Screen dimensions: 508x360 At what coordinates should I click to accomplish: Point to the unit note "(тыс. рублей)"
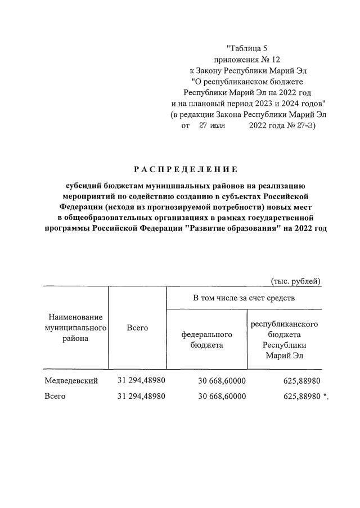coord(295,281)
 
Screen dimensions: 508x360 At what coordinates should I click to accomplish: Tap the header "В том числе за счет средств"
coord(244,297)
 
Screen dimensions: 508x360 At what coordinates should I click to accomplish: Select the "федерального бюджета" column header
coord(206,339)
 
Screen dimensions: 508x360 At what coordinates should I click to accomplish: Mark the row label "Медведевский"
coord(71,380)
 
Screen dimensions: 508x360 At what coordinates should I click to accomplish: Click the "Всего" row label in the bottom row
coord(55,396)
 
